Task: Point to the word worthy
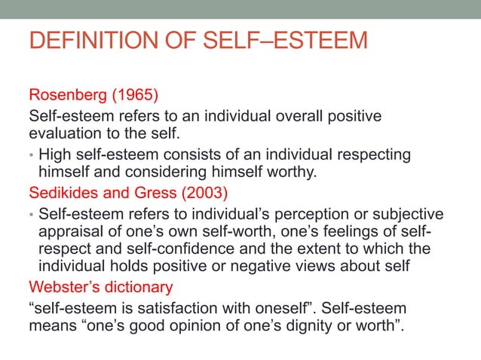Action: point(294,173)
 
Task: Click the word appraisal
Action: point(69,230)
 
